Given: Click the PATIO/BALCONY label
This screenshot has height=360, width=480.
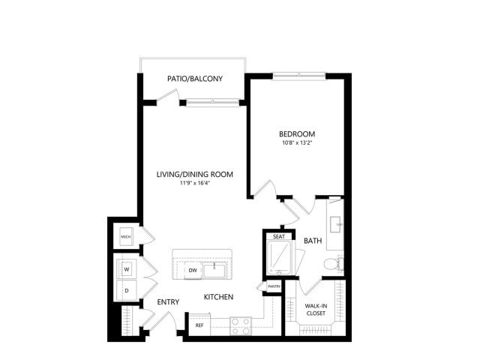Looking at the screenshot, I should [194, 79].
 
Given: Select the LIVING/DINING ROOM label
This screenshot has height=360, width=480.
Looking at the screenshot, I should [195, 175].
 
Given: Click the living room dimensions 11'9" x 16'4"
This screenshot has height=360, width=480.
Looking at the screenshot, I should [195, 184].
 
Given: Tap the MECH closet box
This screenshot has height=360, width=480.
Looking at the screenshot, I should [126, 238].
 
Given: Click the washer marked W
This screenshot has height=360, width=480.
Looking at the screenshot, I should [126, 268].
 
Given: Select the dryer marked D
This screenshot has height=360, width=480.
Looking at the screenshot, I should [126, 288].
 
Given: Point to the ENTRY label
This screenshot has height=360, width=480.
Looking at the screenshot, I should [168, 302].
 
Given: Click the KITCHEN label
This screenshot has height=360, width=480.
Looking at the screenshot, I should [219, 297].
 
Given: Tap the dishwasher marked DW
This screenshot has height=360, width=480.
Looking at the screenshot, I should [193, 270].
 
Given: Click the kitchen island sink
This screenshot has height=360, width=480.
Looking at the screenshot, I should [217, 268].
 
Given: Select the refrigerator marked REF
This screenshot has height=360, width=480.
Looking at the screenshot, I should [199, 325].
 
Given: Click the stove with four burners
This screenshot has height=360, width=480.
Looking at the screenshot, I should [240, 325].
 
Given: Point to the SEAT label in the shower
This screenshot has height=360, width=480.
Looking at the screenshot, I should [278, 237].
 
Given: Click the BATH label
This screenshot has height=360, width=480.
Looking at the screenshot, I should [313, 241].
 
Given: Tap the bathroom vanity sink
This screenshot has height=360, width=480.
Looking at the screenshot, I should [336, 223].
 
